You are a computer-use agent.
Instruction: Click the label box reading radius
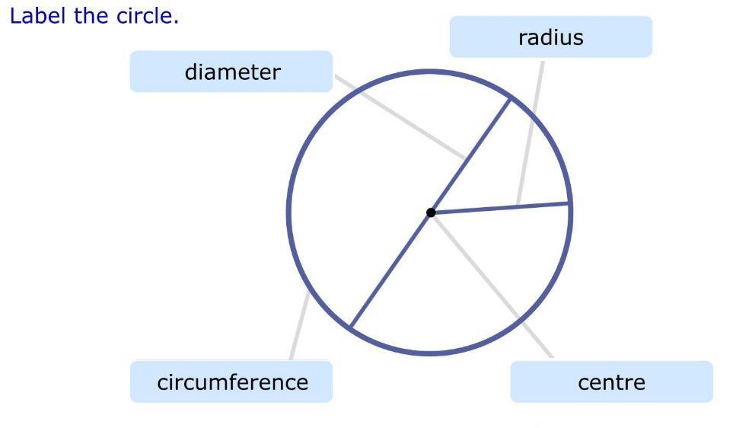coord(550,37)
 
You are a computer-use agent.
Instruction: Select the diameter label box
coord(231,72)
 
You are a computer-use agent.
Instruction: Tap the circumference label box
coord(231,382)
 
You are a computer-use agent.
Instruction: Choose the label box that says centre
coord(611,382)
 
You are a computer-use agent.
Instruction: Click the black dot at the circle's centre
coord(431,212)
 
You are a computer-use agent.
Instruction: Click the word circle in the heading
coord(147,16)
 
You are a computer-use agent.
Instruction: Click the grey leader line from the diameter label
coord(400,117)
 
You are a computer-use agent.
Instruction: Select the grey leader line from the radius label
coord(531,129)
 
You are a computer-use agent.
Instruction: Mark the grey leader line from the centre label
coord(495,289)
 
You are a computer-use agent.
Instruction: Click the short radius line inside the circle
coord(502,208)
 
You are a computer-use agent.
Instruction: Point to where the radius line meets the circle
coord(569,203)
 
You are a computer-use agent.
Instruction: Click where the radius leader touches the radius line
coord(518,206)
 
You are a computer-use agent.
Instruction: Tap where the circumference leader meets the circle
coord(308,292)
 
